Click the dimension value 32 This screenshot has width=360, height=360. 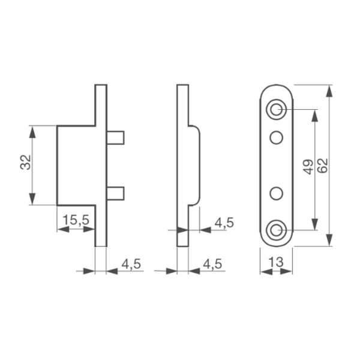click(25, 163)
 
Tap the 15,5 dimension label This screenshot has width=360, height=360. click(76, 220)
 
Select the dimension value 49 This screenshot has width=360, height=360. click(308, 167)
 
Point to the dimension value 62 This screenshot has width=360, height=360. click(323, 166)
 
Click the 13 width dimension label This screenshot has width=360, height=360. click(276, 262)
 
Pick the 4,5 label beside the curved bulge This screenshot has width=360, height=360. click(224, 223)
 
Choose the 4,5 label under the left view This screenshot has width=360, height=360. click(131, 264)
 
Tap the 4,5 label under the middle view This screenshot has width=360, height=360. click(212, 264)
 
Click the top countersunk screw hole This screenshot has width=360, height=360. click(276, 110)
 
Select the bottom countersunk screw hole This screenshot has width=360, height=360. click(276, 230)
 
